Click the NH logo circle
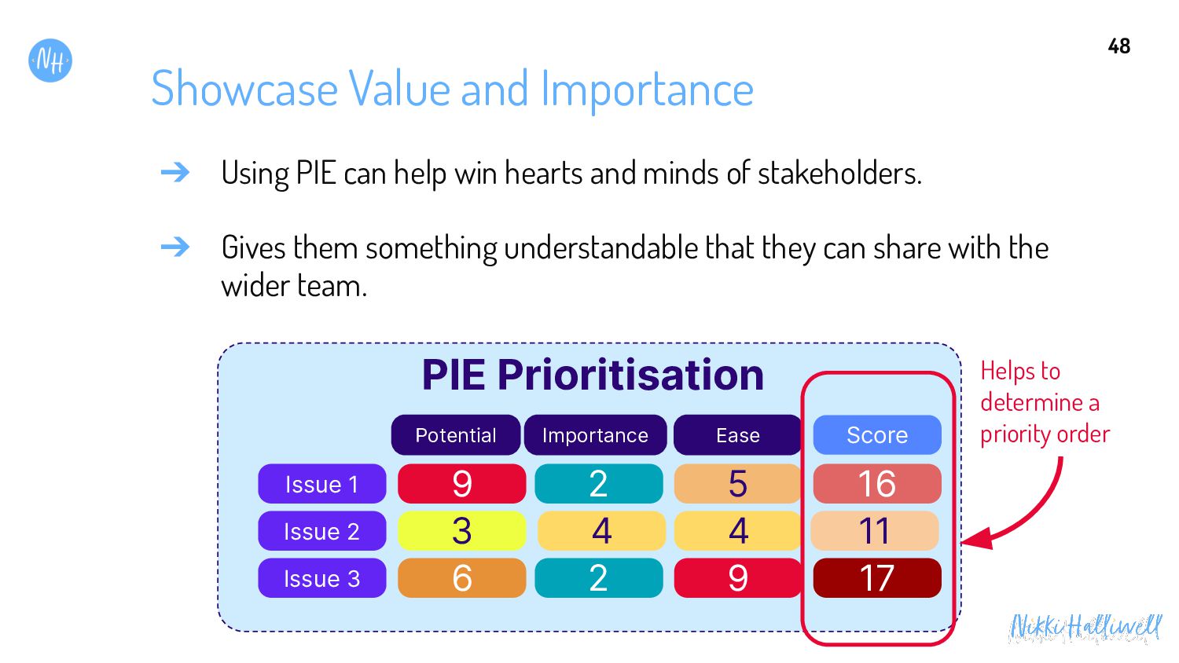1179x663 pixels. point(50,60)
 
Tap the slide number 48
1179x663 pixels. point(1119,46)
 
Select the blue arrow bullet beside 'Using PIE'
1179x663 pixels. point(175,172)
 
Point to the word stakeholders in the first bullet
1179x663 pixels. point(839,173)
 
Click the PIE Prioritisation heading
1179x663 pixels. point(593,375)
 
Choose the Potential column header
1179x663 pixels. point(456,435)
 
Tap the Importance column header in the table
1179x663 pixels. point(595,435)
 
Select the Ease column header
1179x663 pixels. point(738,435)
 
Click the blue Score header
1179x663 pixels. point(877,435)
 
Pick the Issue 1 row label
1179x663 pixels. point(322,484)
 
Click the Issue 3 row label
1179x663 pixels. point(322,578)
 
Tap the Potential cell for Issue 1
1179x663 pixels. point(462,484)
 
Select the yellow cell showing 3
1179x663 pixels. point(462,531)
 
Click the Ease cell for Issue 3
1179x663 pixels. point(738,578)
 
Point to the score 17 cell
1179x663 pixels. point(877,578)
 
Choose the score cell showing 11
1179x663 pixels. point(875,531)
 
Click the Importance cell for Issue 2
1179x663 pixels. point(601,531)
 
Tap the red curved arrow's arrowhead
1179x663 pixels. point(977,540)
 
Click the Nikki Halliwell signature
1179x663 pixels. point(1084,628)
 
